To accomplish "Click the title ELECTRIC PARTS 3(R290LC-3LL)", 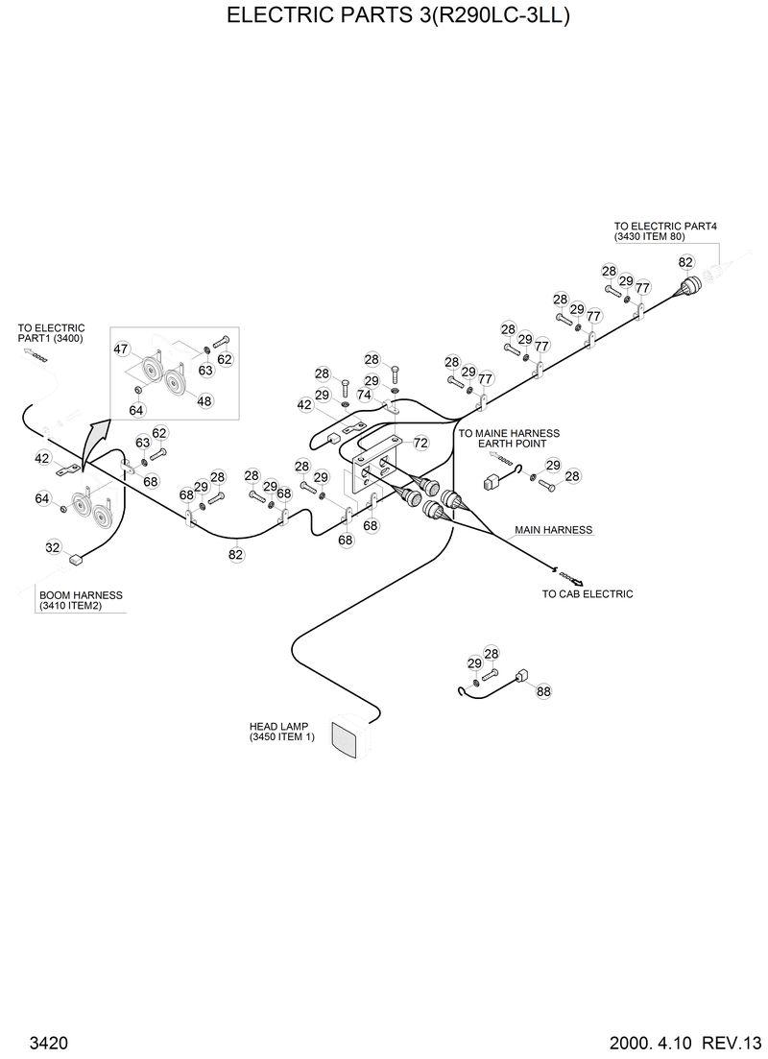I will tap(384, 16).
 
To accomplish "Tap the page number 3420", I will tap(48, 1043).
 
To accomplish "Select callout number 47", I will tap(121, 349).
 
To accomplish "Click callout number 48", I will tap(204, 401).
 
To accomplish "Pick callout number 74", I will tap(364, 395).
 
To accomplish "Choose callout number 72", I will tap(420, 443).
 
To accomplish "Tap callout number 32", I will tap(53, 547).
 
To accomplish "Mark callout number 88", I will tap(543, 690).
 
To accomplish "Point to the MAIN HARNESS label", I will tap(553, 529).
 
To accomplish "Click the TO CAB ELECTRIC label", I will tap(588, 593).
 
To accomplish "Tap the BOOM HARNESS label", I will tap(81, 600).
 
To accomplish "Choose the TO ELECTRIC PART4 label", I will tap(665, 230).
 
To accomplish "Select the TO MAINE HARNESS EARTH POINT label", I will tap(509, 440).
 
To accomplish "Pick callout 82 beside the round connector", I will tap(685, 262).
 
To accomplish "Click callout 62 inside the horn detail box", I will tap(225, 359).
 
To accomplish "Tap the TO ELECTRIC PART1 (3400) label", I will tap(51, 333).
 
